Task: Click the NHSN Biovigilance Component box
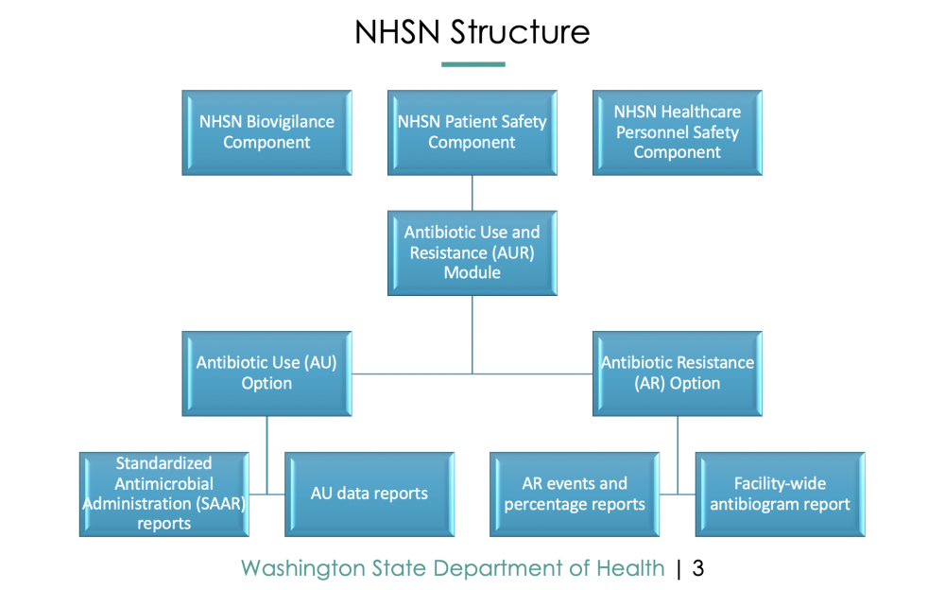[x=267, y=132]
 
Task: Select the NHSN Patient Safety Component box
[x=472, y=132]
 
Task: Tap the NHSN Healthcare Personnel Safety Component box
[x=678, y=132]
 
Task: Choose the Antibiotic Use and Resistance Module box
[x=472, y=252]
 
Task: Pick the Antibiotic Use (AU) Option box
[x=267, y=373]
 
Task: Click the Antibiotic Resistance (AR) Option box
[x=678, y=373]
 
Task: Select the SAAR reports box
[x=163, y=495]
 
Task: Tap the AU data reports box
[x=369, y=495]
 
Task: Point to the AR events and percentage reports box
[x=575, y=495]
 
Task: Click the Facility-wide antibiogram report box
[x=780, y=495]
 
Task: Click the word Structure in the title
[x=520, y=32]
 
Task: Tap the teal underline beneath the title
[x=473, y=64]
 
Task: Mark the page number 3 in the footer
[x=698, y=567]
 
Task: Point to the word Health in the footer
[x=630, y=567]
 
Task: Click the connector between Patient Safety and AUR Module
[x=472, y=193]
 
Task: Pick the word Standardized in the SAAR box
[x=163, y=463]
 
